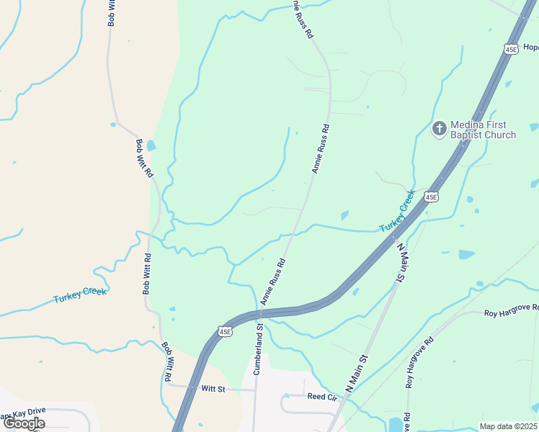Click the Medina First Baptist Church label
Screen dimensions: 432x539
pyautogui.click(x=484, y=130)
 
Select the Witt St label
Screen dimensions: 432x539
pyautogui.click(x=213, y=389)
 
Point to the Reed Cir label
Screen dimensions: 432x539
pyautogui.click(x=322, y=397)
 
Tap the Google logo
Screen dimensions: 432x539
pyautogui.click(x=24, y=423)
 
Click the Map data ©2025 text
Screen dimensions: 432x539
pyautogui.click(x=509, y=426)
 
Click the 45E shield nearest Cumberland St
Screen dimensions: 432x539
pyautogui.click(x=226, y=330)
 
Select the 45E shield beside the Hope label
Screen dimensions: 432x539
pyautogui.click(x=511, y=49)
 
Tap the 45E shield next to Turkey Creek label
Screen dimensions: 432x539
pyautogui.click(x=431, y=196)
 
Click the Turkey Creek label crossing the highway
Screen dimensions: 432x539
pyautogui.click(x=398, y=211)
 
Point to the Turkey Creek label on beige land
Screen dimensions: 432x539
pyautogui.click(x=80, y=295)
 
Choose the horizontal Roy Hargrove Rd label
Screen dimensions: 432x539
pyautogui.click(x=512, y=310)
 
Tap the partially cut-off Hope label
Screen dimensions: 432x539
pyautogui.click(x=531, y=48)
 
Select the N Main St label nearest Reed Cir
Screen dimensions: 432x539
pyautogui.click(x=356, y=372)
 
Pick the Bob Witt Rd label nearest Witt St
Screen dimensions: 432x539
pyautogui.click(x=166, y=361)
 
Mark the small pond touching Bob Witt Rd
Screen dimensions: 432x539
pyautogui.click(x=151, y=145)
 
